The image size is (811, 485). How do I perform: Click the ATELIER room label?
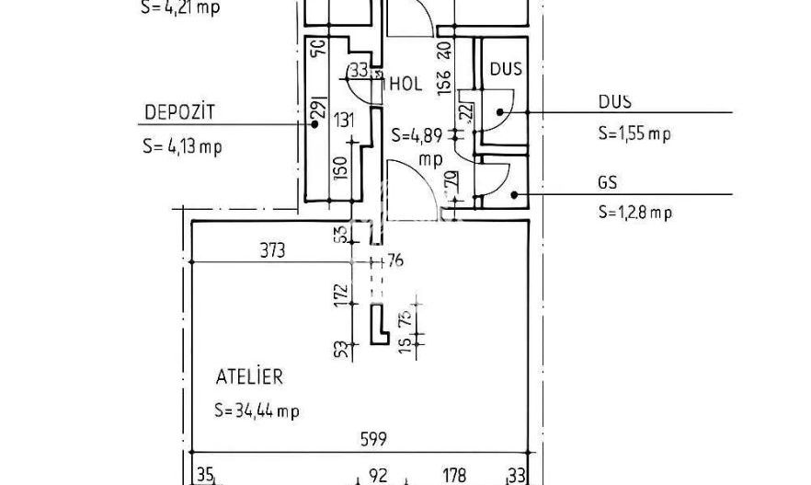[x=249, y=376]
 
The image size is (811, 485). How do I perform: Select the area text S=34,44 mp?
[x=257, y=410]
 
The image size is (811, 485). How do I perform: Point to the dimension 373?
[x=273, y=249]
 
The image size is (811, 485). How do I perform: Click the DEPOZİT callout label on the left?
[x=178, y=112]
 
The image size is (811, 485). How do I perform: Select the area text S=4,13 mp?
[x=182, y=145]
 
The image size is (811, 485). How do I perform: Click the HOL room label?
[x=405, y=84]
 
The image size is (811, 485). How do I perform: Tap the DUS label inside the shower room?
[x=506, y=69]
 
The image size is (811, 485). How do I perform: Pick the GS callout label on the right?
[x=607, y=181]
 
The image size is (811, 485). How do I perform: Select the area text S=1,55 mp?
[x=634, y=133]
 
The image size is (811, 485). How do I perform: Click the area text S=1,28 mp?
[x=634, y=213]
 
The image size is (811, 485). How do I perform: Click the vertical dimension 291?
[x=318, y=108]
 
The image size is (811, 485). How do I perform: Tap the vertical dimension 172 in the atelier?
[x=342, y=295]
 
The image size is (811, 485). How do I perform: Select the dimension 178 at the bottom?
[x=455, y=476]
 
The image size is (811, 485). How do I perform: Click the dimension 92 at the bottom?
[x=378, y=476]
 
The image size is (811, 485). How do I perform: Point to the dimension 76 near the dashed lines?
[x=395, y=261]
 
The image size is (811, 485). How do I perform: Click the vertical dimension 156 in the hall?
[x=444, y=83]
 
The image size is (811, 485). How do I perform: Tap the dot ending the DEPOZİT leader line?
[x=315, y=123]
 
